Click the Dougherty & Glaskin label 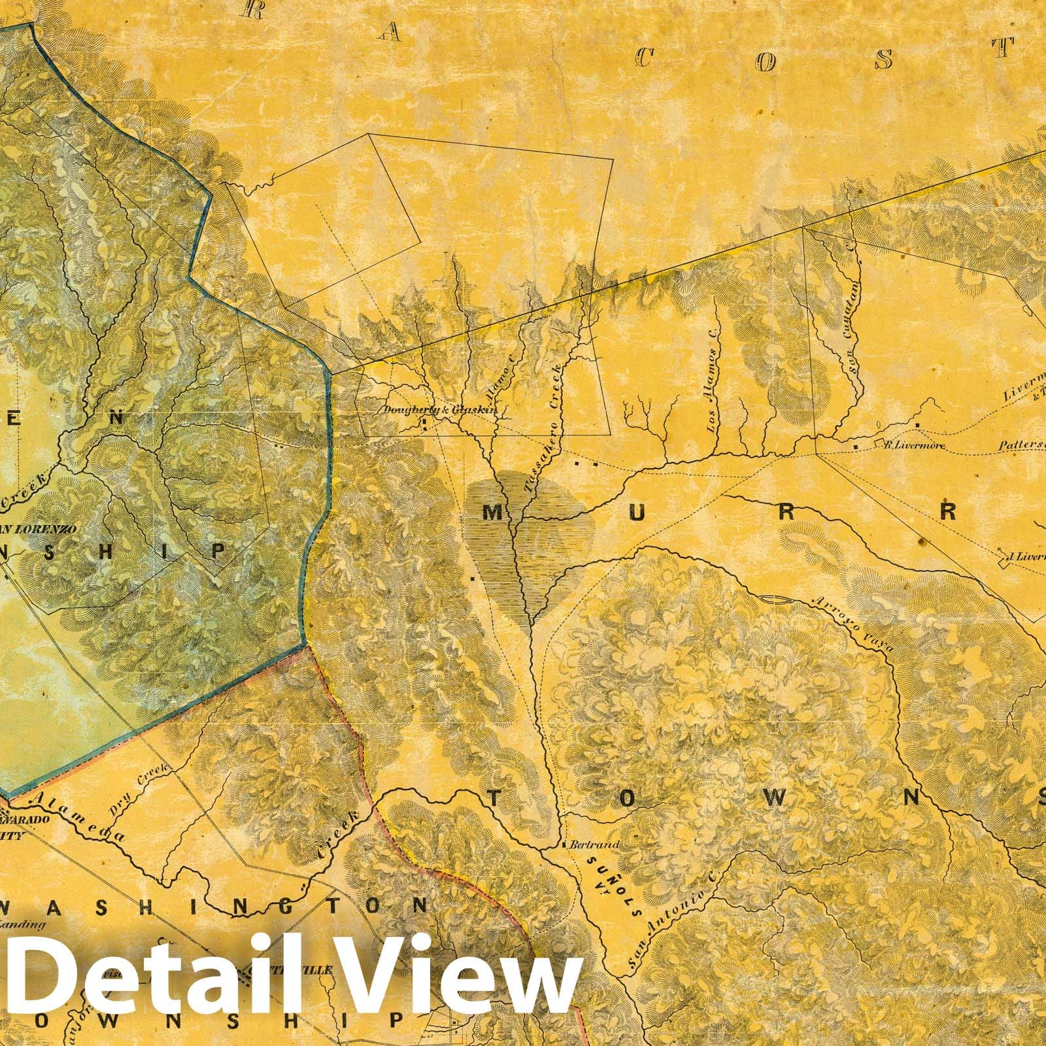[441, 411]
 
